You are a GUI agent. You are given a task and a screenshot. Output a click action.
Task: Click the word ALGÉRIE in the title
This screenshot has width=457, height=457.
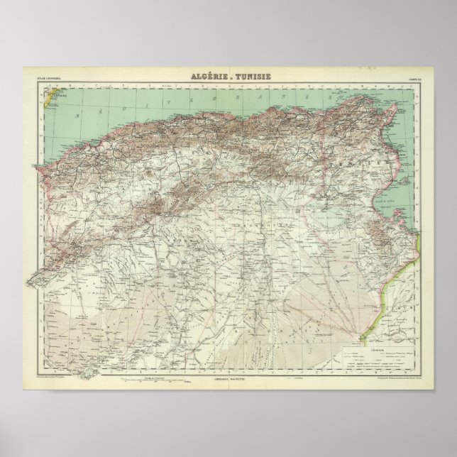click(206, 77)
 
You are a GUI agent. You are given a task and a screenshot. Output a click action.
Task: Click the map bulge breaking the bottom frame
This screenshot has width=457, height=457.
click(85, 375)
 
